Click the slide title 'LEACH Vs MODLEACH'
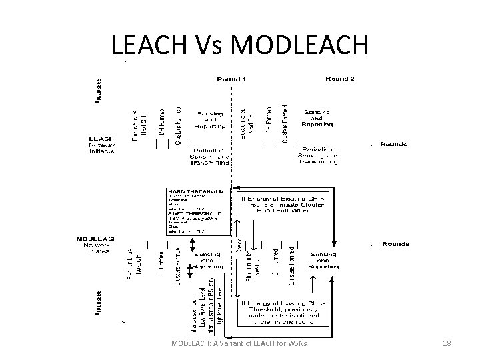point(239,45)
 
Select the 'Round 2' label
point(339,79)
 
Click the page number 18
point(447,343)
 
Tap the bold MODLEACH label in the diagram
point(97,238)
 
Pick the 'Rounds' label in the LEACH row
point(394,144)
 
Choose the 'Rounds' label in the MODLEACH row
point(395,245)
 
